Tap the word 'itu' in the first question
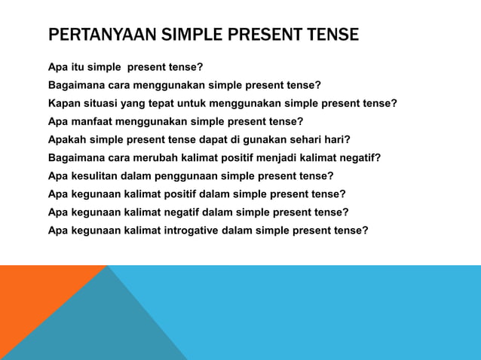78,67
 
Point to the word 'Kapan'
65,103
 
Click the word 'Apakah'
68,139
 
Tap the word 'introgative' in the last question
188,230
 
